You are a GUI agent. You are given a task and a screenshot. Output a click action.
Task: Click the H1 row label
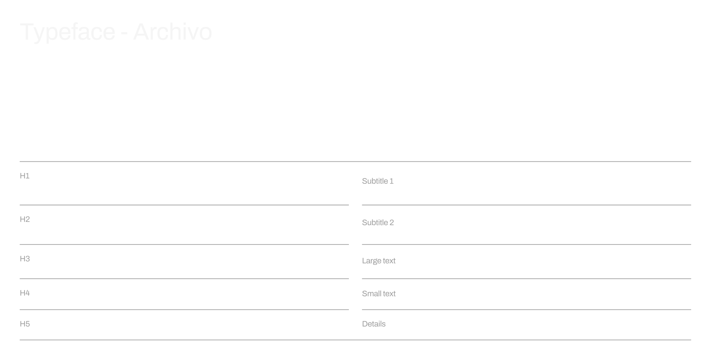[24, 176]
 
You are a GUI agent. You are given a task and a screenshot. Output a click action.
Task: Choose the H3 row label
[25, 259]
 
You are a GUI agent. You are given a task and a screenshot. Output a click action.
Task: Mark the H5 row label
[25, 324]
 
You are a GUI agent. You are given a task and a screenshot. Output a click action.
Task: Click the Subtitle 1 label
[378, 181]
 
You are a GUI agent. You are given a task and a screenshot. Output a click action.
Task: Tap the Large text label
[379, 261]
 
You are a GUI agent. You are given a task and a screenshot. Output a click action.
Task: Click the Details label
[374, 324]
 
